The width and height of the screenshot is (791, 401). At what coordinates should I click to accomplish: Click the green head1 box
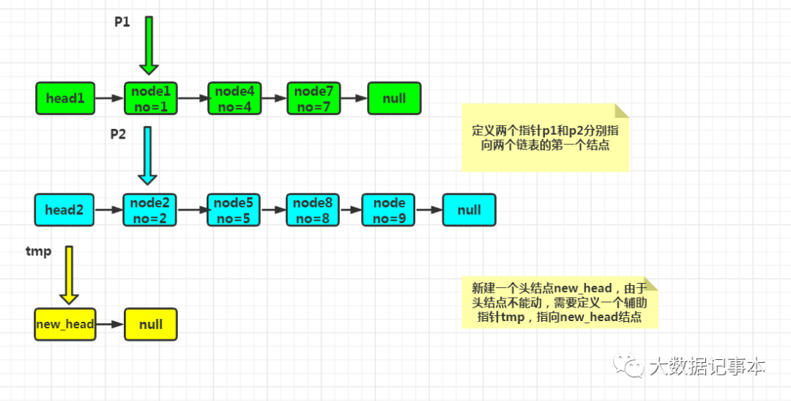pos(65,98)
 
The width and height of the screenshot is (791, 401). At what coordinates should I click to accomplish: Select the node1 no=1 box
pos(150,98)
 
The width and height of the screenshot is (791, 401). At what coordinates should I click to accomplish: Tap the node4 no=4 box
pos(234,98)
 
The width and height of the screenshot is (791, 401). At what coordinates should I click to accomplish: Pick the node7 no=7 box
pos(313,98)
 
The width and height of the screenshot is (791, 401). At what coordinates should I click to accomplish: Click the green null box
pos(394,98)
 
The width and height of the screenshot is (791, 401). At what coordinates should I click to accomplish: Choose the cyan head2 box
pos(64,210)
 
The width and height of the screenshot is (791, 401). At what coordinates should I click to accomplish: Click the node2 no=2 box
pos(149,210)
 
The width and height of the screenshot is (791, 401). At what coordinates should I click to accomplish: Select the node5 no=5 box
pos(234,210)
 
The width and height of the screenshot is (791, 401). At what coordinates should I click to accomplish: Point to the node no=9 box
pos(389,210)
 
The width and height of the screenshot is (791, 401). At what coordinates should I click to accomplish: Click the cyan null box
pos(469,210)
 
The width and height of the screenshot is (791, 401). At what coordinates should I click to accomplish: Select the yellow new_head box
pos(65,324)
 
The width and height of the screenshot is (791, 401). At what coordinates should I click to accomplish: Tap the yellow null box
pos(151,324)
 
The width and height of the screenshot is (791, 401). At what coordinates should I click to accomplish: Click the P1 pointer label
pos(122,22)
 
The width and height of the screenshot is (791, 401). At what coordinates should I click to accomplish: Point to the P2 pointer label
pos(119,134)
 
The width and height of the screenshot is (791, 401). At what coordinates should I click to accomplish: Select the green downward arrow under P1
pos(149,45)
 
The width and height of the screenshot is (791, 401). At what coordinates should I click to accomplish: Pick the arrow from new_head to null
pos(110,324)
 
